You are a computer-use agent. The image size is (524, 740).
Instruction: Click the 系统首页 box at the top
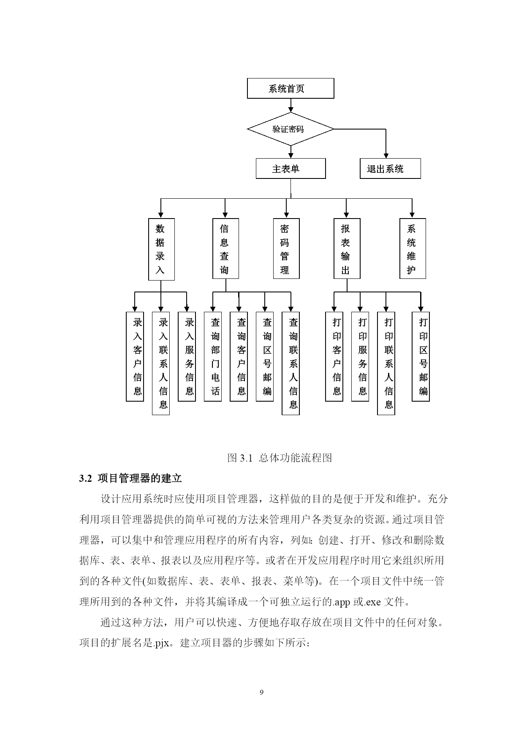click(x=291, y=89)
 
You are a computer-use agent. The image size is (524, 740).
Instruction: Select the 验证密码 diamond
click(x=291, y=129)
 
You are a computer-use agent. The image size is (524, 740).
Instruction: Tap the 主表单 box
click(x=291, y=169)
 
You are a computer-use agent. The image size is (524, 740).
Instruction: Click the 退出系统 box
click(x=390, y=169)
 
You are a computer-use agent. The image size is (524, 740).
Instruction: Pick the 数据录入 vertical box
click(x=161, y=249)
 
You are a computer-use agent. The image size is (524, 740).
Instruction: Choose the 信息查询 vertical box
click(x=225, y=248)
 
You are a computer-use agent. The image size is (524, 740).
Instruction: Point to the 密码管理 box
click(x=286, y=248)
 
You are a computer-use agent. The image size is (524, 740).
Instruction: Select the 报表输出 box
click(x=347, y=248)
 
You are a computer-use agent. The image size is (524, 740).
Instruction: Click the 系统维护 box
click(x=413, y=248)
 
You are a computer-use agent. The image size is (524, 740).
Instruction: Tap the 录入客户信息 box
click(x=135, y=356)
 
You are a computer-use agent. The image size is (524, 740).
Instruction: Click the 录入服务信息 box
click(x=187, y=356)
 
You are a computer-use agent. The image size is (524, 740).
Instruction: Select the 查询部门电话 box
click(x=213, y=356)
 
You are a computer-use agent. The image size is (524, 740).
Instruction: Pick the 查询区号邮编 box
click(x=265, y=356)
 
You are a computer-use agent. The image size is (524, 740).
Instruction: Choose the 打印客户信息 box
click(x=334, y=356)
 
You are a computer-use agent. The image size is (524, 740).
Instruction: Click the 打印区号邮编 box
click(x=421, y=356)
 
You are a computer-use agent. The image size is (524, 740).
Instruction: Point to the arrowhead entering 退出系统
click(x=386, y=156)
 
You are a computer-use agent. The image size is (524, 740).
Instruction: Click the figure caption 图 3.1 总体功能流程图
click(x=280, y=458)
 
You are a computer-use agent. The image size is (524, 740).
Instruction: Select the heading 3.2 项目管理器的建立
click(x=130, y=478)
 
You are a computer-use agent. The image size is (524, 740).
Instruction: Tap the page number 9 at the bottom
click(x=262, y=692)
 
